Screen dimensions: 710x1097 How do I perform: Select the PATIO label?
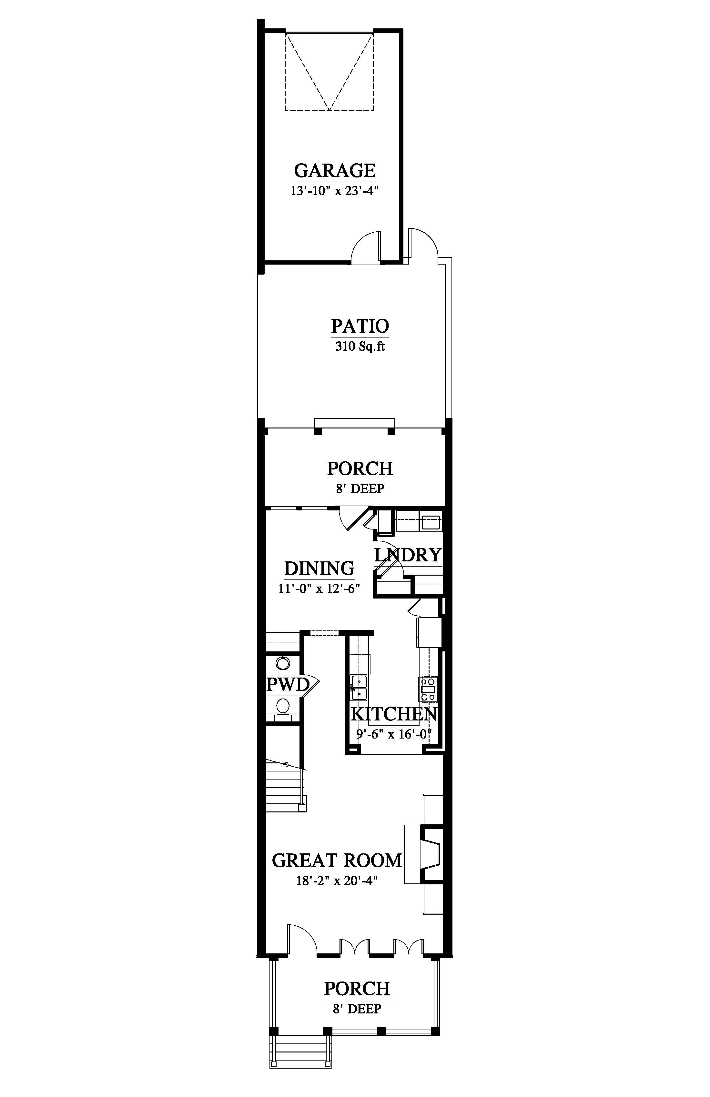[x=360, y=326]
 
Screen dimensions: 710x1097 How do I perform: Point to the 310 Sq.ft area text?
[x=360, y=346]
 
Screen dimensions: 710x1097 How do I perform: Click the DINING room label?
[x=319, y=568]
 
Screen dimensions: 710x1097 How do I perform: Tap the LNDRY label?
[x=408, y=555]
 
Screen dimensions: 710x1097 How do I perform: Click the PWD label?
[x=288, y=684]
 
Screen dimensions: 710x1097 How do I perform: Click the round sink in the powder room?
[x=282, y=664]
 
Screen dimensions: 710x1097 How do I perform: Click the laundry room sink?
[x=431, y=523]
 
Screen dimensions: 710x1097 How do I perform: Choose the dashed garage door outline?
[x=329, y=71]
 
